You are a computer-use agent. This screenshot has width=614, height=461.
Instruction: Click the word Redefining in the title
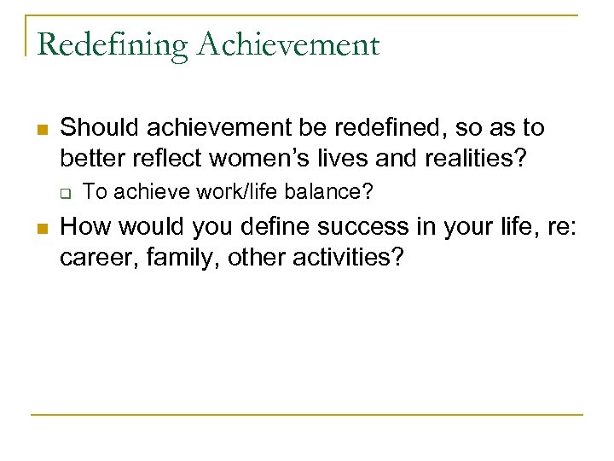[x=113, y=44]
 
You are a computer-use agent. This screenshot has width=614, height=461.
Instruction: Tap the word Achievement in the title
[x=288, y=44]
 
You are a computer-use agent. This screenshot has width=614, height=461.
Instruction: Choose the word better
[x=89, y=157]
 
